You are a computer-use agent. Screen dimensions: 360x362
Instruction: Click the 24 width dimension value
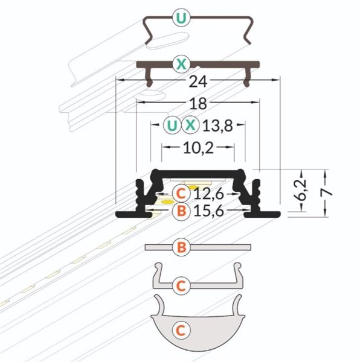[x=198, y=81]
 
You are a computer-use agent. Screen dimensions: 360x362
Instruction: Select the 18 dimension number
[x=198, y=104]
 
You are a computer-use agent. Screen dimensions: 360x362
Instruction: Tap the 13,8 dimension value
[x=217, y=126]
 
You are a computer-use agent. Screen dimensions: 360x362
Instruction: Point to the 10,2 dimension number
[x=198, y=148]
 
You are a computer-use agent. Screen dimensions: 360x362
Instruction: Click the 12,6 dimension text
[x=209, y=194]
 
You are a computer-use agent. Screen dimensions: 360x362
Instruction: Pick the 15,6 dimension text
[x=209, y=211]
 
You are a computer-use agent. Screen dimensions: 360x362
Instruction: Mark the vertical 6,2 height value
[x=301, y=190]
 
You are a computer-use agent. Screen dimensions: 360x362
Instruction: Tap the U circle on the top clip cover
[x=181, y=18]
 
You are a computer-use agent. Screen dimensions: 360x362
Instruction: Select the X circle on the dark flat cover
[x=181, y=64]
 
